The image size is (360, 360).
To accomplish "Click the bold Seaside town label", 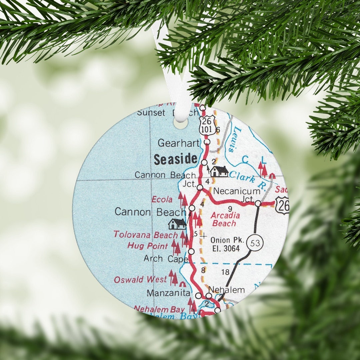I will pos(175,160).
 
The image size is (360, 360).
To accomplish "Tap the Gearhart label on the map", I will pos(178,143).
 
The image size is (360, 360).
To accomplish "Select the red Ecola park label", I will pos(162,200).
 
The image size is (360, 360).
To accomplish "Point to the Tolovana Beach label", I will pos(146,235).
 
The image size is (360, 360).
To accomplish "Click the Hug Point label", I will pos(148,246).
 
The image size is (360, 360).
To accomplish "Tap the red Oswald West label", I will pos(140,279).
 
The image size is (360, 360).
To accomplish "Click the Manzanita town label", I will pos(169,293).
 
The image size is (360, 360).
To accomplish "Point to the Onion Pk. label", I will pos(227,240).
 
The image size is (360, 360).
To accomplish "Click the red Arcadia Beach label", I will pos(225,219).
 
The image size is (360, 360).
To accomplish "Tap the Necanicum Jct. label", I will pos(237,191).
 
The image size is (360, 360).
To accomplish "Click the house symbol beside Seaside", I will pos(219,171).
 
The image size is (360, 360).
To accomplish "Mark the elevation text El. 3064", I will pos(225,249).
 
